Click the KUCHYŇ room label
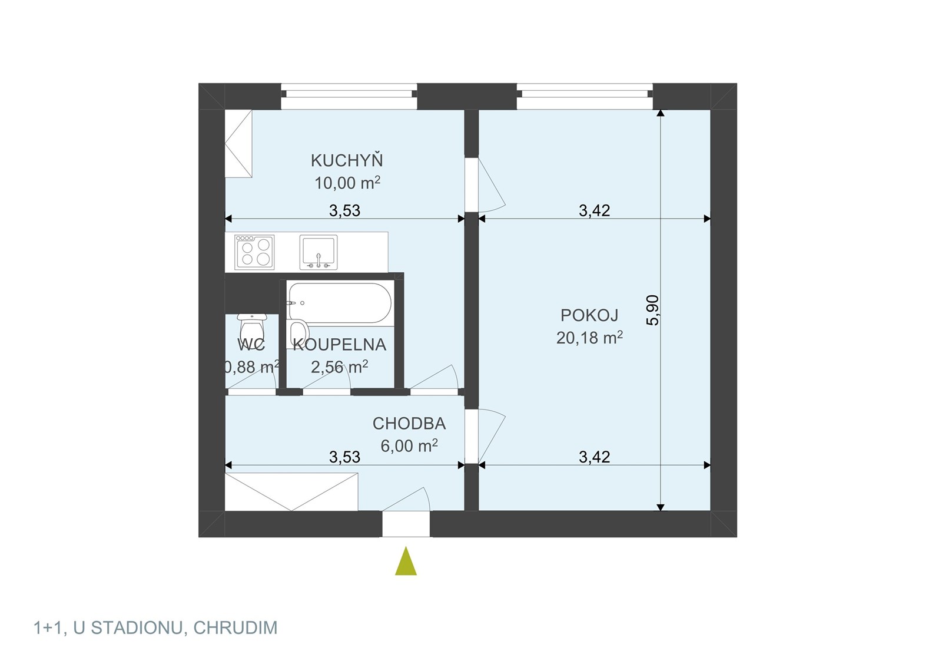pyautogui.click(x=347, y=161)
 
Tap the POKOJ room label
pyautogui.click(x=589, y=315)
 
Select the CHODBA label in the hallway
pyautogui.click(x=409, y=424)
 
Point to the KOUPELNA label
pyautogui.click(x=339, y=345)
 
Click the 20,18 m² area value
pyautogui.click(x=589, y=338)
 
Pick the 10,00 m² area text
pyautogui.click(x=347, y=183)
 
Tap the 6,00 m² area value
pyautogui.click(x=409, y=445)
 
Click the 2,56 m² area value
pyautogui.click(x=339, y=367)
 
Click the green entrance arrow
pyautogui.click(x=406, y=562)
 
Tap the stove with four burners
pyautogui.click(x=254, y=252)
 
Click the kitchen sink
pyautogui.click(x=319, y=252)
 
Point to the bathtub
pyautogui.click(x=339, y=303)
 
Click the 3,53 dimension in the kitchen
pyautogui.click(x=345, y=210)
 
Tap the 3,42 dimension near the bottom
pyautogui.click(x=595, y=457)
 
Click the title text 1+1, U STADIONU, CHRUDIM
pyautogui.click(x=155, y=628)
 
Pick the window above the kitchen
pyautogui.click(x=349, y=97)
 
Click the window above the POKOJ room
pyautogui.click(x=585, y=97)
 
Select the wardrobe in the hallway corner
pyautogui.click(x=291, y=492)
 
